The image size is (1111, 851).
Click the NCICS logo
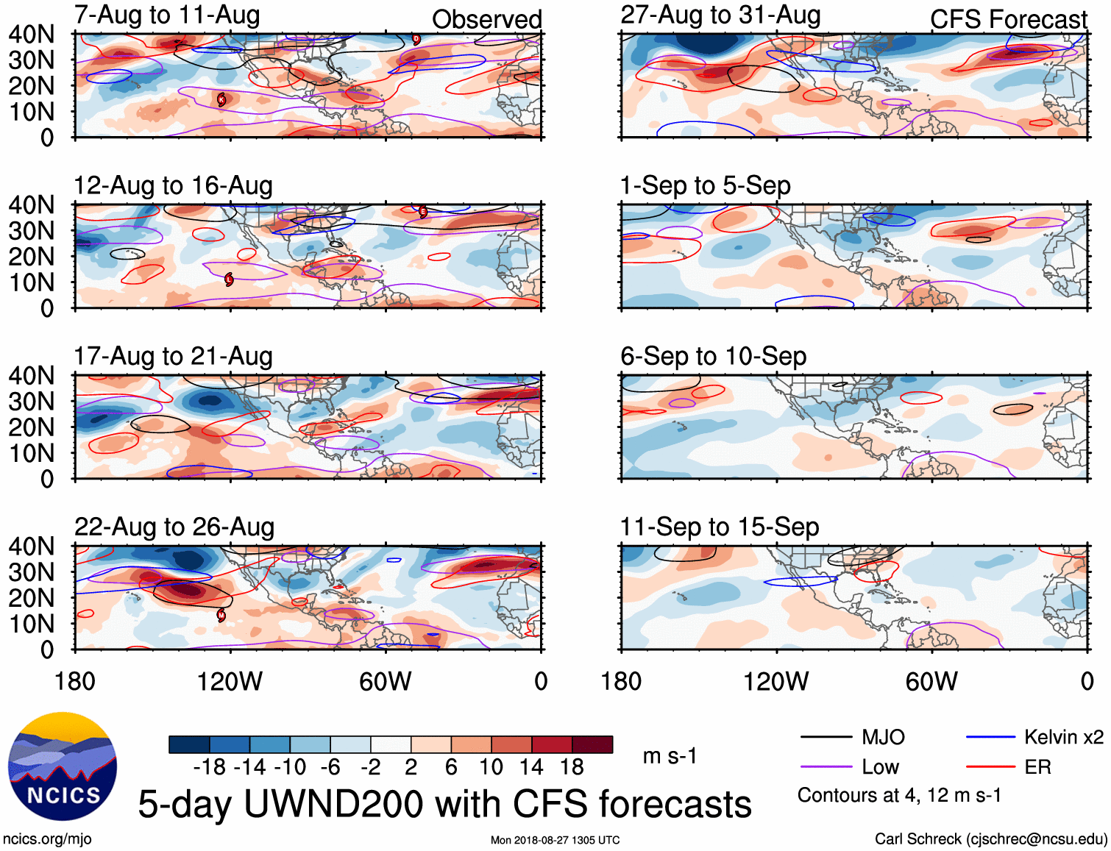click(x=63, y=766)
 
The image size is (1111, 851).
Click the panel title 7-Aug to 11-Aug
click(x=167, y=15)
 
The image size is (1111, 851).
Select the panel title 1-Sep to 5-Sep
click(x=705, y=185)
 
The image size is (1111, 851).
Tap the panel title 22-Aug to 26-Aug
click(x=174, y=527)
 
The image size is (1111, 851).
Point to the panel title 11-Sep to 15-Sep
click(x=719, y=527)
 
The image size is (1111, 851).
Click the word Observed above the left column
click(x=486, y=19)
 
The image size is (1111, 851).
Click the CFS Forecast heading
click(x=1008, y=19)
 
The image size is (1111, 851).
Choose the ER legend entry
click(x=1037, y=767)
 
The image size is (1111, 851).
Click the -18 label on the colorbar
click(x=210, y=767)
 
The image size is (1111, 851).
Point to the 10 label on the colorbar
click(x=491, y=767)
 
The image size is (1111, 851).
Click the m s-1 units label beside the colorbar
click(x=670, y=756)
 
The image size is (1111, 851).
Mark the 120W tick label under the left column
click(x=230, y=681)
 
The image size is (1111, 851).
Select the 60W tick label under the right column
click(x=931, y=681)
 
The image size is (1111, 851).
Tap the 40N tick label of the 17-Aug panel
click(x=32, y=376)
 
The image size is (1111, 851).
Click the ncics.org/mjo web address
click(x=47, y=839)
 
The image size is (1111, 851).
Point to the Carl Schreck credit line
click(x=990, y=839)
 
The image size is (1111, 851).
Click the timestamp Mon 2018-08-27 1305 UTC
click(x=555, y=840)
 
